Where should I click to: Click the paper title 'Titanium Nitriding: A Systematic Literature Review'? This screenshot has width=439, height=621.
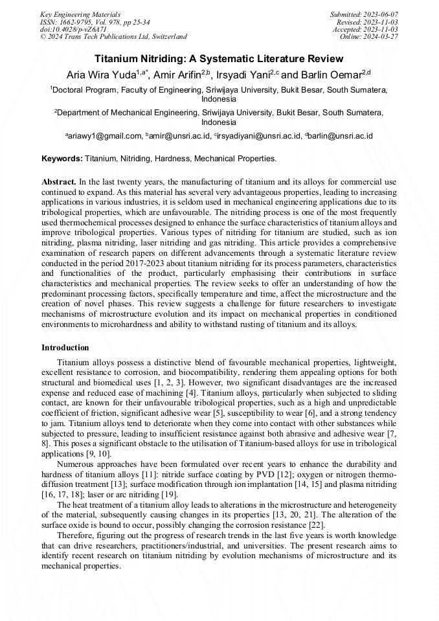219,58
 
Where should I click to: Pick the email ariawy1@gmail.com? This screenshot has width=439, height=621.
104,136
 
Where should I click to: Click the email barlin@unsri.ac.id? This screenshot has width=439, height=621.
339,136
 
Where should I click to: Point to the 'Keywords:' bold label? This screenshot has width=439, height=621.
62,158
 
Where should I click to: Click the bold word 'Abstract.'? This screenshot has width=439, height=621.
59,182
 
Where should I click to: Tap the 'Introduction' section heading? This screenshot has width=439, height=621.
65,348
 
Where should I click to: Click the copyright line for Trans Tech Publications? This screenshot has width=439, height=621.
113,37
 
